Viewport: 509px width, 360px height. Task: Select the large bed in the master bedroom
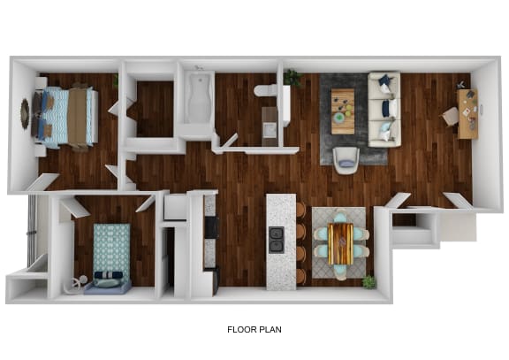click(x=67, y=116)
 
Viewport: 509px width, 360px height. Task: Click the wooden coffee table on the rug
click(x=343, y=111)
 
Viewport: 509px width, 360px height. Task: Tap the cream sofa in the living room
click(x=384, y=109)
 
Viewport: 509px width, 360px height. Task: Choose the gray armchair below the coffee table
click(x=346, y=157)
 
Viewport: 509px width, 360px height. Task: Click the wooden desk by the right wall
click(x=467, y=113)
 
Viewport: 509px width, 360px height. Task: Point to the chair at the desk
click(x=451, y=116)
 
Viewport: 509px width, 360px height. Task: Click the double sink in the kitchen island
click(x=277, y=239)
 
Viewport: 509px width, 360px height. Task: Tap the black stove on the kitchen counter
click(x=211, y=227)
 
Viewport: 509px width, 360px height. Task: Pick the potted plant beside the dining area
click(x=368, y=282)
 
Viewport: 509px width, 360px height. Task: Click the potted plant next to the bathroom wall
click(x=292, y=78)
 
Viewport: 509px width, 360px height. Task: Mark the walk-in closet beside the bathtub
click(x=156, y=109)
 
